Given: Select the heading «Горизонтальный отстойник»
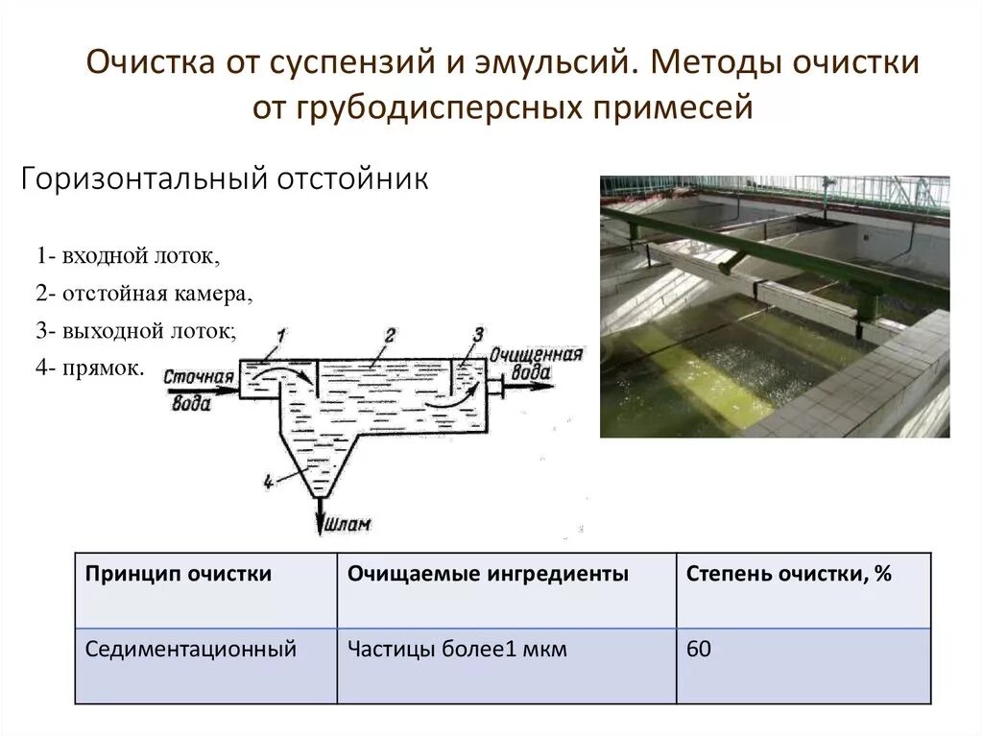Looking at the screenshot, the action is click(x=225, y=180).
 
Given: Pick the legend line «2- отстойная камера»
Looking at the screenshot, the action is click(x=145, y=294).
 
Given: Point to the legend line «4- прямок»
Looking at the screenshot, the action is click(x=91, y=367).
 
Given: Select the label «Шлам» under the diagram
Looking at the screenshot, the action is click(x=348, y=525).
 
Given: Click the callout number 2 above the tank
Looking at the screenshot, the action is click(x=389, y=334).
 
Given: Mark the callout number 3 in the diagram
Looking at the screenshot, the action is click(x=478, y=334).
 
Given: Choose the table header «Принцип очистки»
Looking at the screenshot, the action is click(x=179, y=575).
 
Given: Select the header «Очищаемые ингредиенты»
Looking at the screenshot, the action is click(x=489, y=575).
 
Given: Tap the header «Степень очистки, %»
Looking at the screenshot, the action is click(x=789, y=575).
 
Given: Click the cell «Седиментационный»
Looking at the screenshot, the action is click(x=191, y=650).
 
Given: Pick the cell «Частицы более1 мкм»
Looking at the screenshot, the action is click(x=457, y=650).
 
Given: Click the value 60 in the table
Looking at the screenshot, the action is click(x=699, y=650).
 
